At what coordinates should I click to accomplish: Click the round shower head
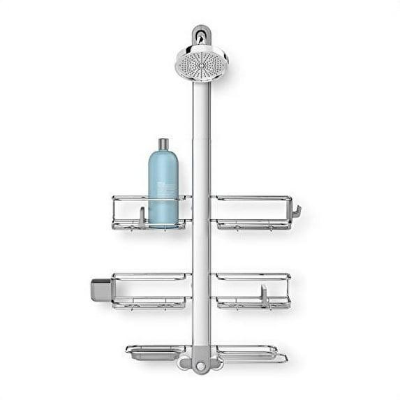201,62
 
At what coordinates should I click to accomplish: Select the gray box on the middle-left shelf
101,289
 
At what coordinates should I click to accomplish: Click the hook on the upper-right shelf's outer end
296,210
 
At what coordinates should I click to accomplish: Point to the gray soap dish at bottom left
155,354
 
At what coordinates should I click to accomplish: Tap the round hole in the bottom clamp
201,365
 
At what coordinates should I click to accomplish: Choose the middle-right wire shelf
251,290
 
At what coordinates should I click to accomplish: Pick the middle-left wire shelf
151,290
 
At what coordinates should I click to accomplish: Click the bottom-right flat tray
251,353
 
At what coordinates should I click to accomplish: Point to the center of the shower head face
201,65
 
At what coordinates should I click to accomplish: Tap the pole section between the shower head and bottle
201,112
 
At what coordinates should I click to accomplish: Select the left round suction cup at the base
185,363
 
